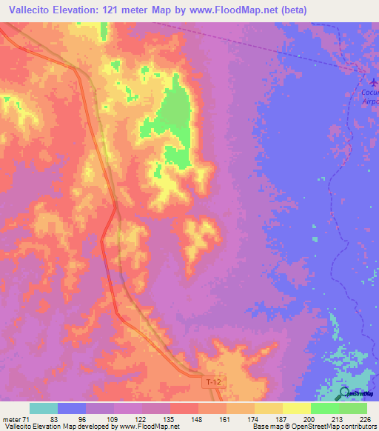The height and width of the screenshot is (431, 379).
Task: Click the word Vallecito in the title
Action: point(27,10)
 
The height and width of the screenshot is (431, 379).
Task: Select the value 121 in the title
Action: point(127,10)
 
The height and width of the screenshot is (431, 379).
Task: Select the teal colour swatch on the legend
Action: point(44,408)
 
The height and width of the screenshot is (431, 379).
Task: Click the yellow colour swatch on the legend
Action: point(296,408)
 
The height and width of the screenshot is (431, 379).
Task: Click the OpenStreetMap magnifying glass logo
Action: point(346,393)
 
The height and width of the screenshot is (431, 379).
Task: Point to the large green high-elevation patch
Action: point(175,118)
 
